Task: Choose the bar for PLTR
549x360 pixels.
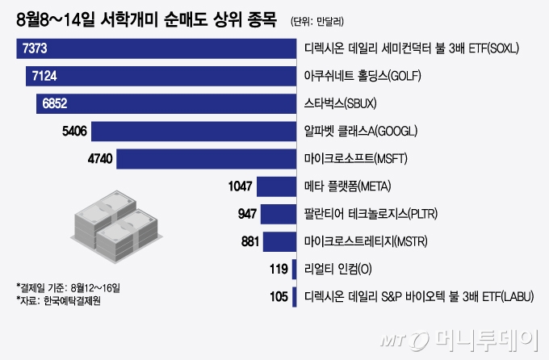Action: (278, 213)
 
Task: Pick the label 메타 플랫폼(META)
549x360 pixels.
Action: (347, 186)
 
